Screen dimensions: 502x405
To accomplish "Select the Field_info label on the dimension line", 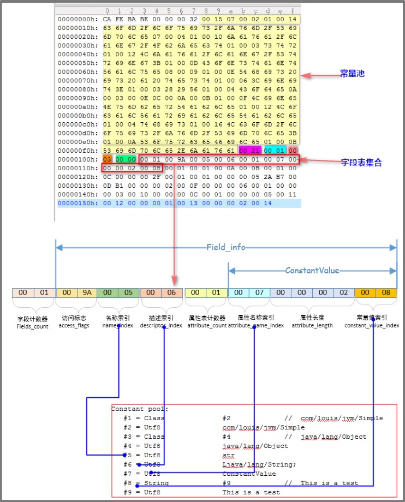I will point(225,248).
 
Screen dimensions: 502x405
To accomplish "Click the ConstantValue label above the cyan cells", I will point(312,271).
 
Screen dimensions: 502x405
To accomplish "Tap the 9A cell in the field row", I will point(87,293).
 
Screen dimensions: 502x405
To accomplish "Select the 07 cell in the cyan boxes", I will point(259,293).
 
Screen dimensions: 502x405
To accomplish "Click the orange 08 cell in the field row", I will point(386,293).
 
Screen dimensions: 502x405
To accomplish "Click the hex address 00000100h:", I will point(76,159).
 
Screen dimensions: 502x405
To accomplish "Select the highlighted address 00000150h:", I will point(76,203).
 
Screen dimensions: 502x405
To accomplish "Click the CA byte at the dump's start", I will point(106,19).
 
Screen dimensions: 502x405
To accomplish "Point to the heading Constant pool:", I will point(140,409).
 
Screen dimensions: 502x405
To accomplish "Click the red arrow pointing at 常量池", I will point(317,75).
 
